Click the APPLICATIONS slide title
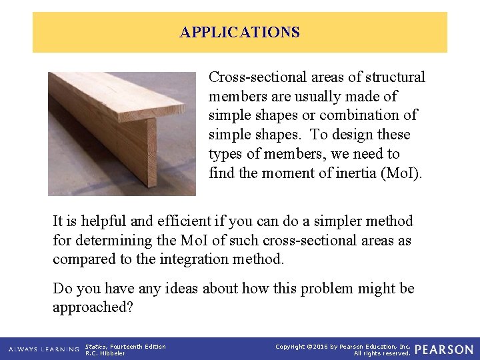[239, 32]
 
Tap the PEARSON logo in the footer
[444, 349]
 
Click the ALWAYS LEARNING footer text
[43, 349]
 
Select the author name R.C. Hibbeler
[106, 353]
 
